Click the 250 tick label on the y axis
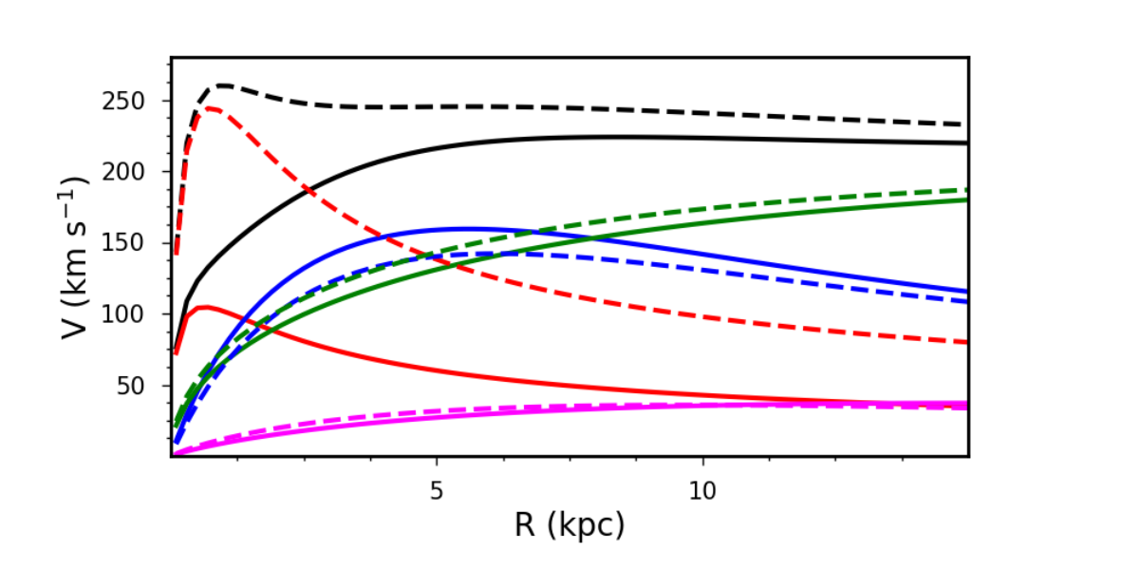123,102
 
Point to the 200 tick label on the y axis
123,172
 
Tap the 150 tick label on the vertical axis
123,243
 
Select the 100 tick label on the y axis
123,314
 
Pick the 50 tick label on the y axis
131,386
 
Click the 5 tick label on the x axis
437,490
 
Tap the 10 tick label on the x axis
702,490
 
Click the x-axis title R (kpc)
569,524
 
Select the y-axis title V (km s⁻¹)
74,257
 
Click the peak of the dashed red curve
211,108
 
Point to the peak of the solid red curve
206,307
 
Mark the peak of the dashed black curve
224,85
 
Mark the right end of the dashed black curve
967,124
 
